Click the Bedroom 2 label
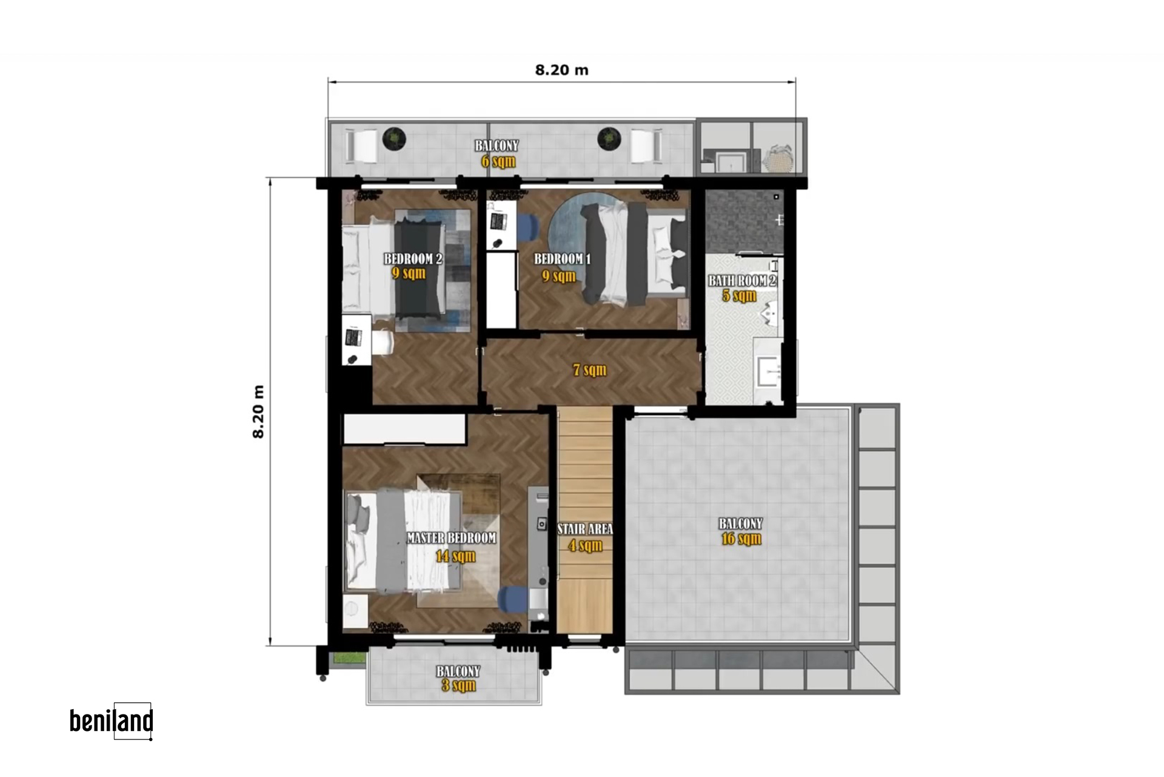click(413, 259)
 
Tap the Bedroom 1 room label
click(562, 259)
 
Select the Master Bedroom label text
click(451, 538)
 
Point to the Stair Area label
click(585, 529)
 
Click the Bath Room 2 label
click(742, 281)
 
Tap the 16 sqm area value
click(741, 539)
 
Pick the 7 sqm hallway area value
click(590, 369)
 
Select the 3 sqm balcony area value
click(458, 685)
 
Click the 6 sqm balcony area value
click(498, 161)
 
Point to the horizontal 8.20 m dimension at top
click(561, 70)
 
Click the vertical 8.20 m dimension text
click(258, 411)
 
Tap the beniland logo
click(111, 721)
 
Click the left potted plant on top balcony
click(394, 139)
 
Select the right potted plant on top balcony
click(609, 139)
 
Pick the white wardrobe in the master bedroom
click(404, 429)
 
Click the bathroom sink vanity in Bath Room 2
click(768, 369)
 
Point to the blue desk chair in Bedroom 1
click(528, 227)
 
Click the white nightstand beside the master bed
click(355, 611)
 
